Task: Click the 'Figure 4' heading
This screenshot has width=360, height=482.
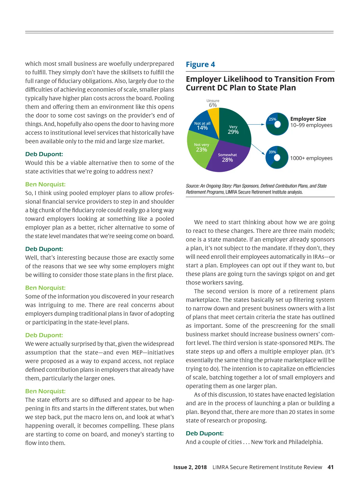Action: pos(200,65)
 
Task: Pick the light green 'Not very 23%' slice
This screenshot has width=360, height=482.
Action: pos(201,150)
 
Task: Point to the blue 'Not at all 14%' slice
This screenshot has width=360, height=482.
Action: pos(203,125)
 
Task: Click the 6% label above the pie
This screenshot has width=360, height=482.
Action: pos(213,105)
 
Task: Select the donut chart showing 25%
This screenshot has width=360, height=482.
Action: pos(277,124)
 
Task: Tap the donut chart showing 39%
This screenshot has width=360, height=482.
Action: pos(277,157)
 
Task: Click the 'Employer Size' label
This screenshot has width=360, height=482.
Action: pos(308,119)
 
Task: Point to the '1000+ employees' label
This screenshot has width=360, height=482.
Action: pos(311,158)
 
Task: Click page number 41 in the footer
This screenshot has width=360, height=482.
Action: pos(330,467)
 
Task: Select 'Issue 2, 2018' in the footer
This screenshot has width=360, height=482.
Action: pos(190,467)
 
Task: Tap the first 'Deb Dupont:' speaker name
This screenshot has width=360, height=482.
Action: pos(44,154)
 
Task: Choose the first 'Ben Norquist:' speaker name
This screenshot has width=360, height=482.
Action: pos(45,184)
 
